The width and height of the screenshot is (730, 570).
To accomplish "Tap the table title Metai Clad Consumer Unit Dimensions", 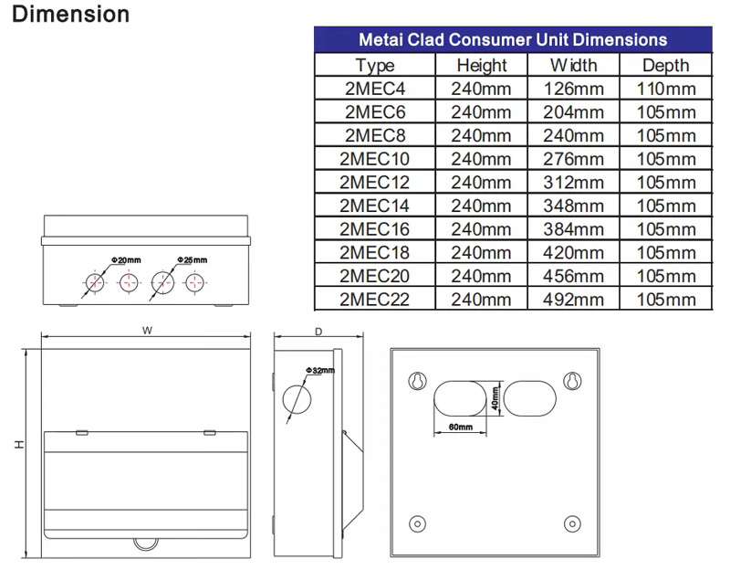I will click(513, 40).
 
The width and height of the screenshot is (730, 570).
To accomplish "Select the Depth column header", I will click(666, 66).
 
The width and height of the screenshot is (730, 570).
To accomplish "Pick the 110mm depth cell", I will click(666, 89).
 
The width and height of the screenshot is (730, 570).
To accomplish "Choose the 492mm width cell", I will click(572, 299).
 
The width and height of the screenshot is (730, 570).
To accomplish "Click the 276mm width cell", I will click(572, 159).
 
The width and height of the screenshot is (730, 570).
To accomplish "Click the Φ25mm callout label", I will click(193, 261).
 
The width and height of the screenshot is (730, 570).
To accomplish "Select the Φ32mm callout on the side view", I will click(320, 370).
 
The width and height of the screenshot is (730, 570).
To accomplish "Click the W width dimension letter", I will click(146, 332).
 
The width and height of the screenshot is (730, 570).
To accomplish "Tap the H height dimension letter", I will click(19, 445).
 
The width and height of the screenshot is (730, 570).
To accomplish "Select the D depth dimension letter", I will click(318, 332).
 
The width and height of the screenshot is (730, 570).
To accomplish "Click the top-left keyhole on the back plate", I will click(417, 380).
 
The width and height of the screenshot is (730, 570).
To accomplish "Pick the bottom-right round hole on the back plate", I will click(572, 523).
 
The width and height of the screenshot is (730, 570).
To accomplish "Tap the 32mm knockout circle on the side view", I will click(297, 398).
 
